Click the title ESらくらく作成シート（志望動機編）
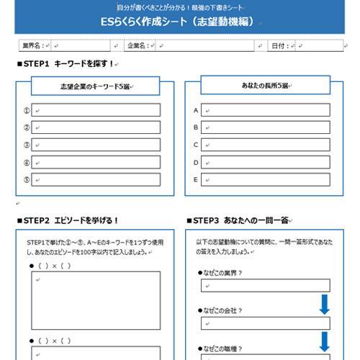click(x=180, y=22)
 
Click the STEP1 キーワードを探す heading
click(x=65, y=64)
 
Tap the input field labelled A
click(x=266, y=110)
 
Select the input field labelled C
click(x=266, y=145)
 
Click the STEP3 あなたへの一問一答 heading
click(x=242, y=220)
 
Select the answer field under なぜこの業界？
click(x=266, y=286)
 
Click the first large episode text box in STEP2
click(x=95, y=300)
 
